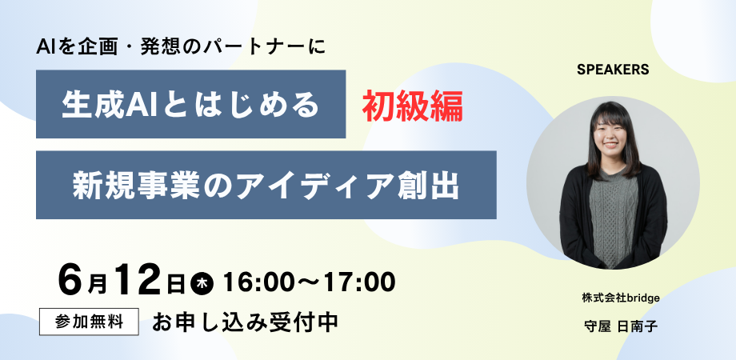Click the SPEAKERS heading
[613, 70]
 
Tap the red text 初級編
[413, 106]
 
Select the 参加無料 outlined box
[89, 322]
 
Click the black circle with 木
[202, 283]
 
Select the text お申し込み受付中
[245, 322]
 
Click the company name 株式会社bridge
[621, 298]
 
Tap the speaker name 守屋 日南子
[621, 326]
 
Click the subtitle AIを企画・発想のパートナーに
[180, 47]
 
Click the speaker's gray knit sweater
[614, 216]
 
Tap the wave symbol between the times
[310, 282]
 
